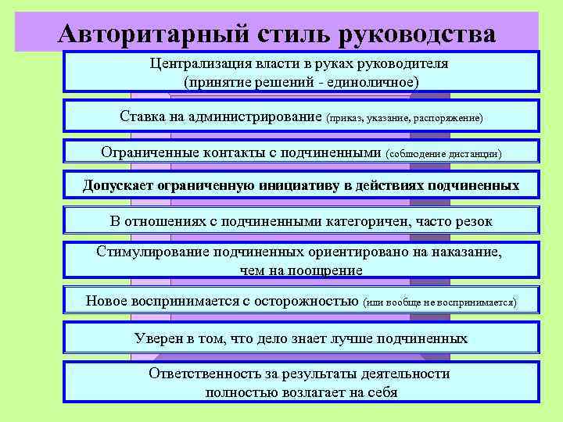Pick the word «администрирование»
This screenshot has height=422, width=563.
pyautogui.click(x=253, y=116)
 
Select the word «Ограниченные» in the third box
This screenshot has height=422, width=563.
pyautogui.click(x=149, y=152)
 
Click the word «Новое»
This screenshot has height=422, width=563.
pyautogui.click(x=106, y=300)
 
